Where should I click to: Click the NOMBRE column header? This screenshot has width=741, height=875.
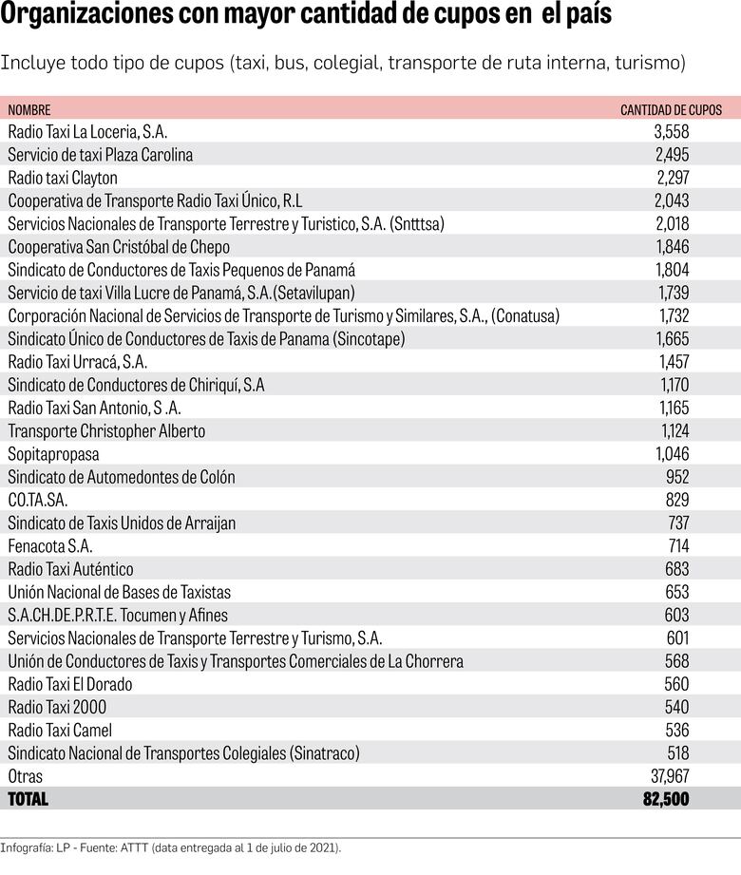point(29,110)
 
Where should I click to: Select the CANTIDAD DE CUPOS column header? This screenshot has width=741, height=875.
point(671,110)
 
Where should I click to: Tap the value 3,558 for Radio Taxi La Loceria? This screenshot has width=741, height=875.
point(672,132)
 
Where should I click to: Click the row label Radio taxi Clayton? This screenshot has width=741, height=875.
point(63,178)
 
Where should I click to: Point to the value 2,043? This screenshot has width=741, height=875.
point(672,200)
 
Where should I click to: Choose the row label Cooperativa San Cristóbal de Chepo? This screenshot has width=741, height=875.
point(119,247)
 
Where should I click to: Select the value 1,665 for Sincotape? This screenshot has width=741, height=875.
point(672,338)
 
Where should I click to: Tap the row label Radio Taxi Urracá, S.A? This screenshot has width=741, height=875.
point(78,362)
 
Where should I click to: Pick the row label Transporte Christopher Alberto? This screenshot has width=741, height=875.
point(106,430)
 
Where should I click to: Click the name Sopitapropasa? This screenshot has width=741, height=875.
point(53,454)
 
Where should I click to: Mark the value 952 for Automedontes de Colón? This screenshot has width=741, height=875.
point(677,477)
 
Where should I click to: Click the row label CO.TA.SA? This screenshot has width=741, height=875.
point(38,500)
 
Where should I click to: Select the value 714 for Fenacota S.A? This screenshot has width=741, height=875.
point(678,546)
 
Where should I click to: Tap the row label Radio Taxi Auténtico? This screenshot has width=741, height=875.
point(70,569)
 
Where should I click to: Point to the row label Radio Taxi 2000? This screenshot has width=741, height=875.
point(57,707)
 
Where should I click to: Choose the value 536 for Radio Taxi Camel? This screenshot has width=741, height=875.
point(677,730)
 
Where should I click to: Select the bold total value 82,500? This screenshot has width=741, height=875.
point(666,799)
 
